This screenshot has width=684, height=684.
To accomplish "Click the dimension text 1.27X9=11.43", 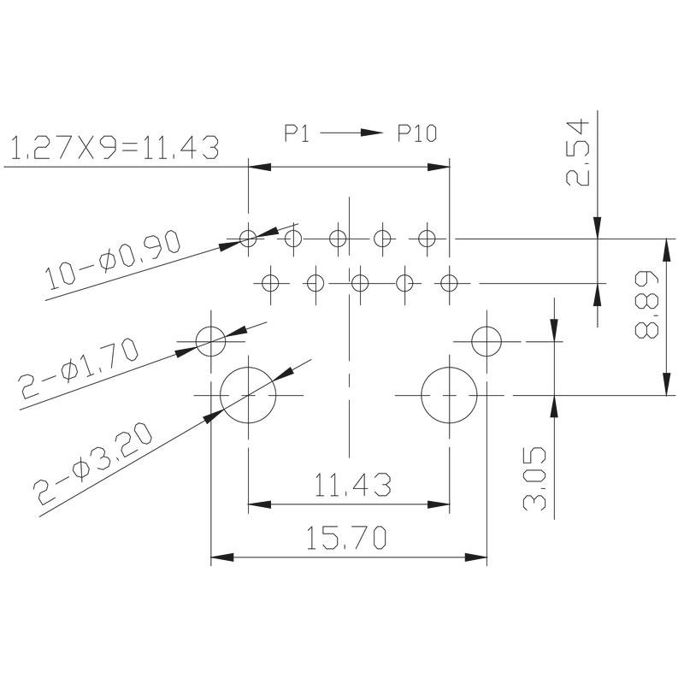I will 113,148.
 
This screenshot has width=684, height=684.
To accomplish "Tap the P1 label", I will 297,133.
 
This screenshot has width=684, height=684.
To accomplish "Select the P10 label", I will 417,133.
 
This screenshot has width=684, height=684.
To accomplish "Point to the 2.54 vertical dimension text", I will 579,154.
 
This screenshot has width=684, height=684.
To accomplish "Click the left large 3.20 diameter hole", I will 248,396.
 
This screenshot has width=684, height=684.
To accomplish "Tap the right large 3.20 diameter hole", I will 449,396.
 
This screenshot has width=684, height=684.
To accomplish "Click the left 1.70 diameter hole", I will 211,341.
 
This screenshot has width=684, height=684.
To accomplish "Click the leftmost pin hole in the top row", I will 248,238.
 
